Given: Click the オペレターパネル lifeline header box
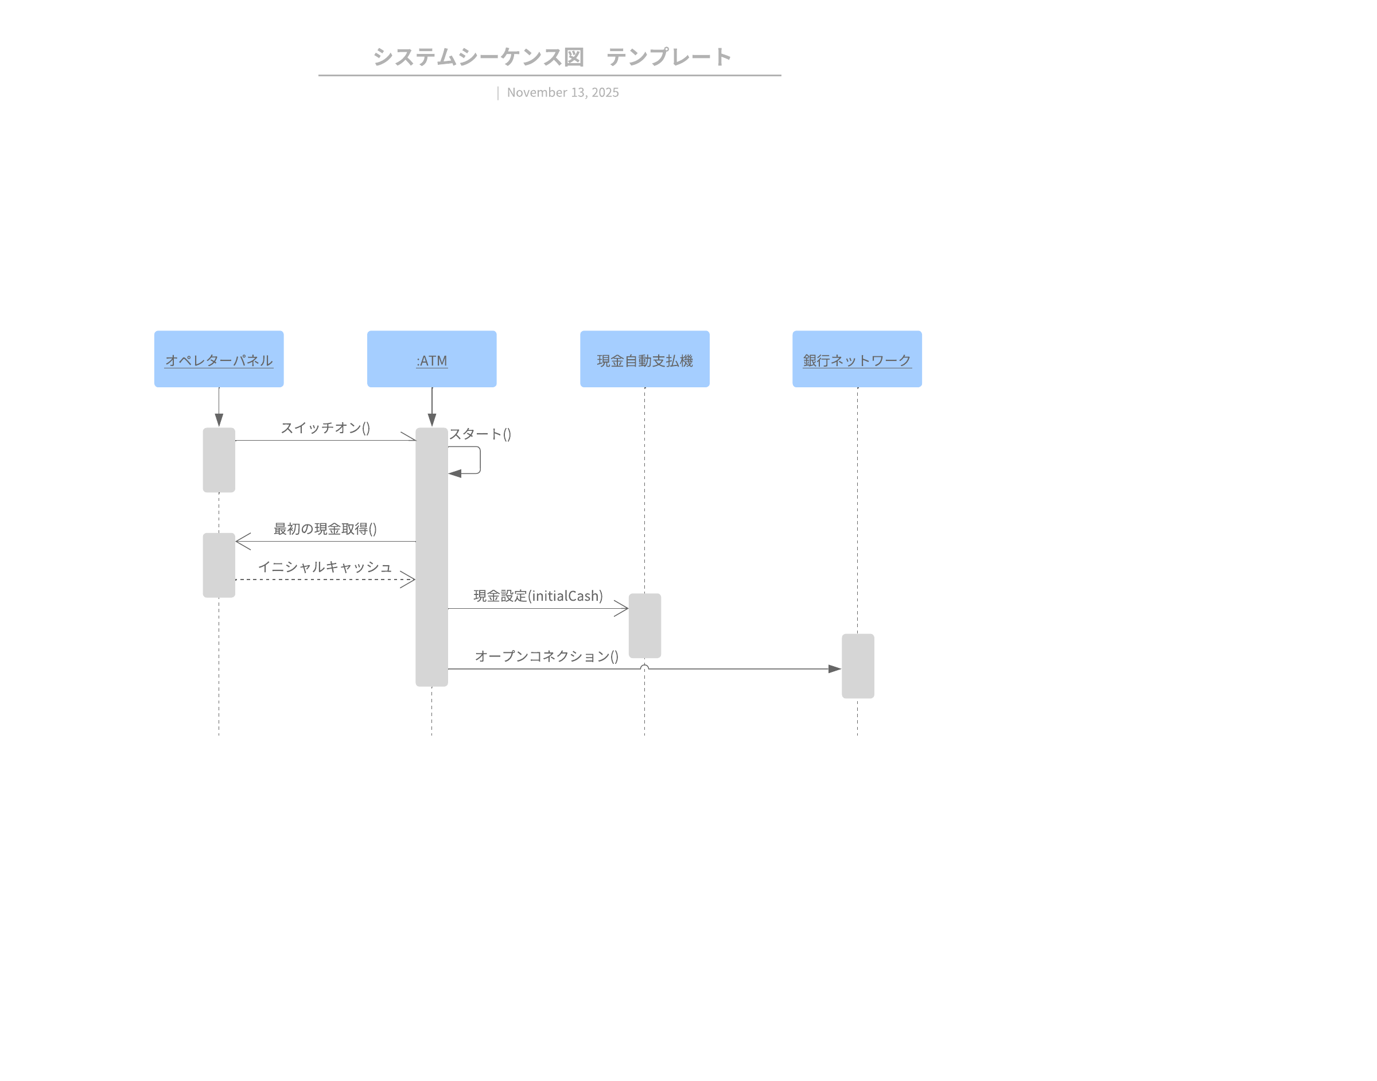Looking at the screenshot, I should point(219,359).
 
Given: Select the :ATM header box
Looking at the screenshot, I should point(431,359).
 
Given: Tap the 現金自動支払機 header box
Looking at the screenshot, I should point(644,359).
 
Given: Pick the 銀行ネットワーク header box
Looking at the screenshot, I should point(857,359).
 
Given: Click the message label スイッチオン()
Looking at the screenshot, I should point(325,428).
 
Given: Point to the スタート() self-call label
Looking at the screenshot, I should point(480,434).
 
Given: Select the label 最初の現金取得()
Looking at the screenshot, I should point(325,528).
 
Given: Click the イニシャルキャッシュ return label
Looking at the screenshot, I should point(325,566).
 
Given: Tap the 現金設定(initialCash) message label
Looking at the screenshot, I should point(538,596).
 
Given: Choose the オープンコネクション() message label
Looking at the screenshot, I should point(546,656).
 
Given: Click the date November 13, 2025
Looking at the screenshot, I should point(563,92).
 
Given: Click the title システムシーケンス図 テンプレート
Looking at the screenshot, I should point(552,57).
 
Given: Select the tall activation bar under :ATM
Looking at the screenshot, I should point(431,557).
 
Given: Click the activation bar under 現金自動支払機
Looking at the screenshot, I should point(644,625).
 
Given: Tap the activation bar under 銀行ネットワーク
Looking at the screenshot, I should point(857,666).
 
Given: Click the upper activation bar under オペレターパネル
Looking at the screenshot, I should point(219,460).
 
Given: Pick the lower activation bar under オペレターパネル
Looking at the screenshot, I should point(219,565).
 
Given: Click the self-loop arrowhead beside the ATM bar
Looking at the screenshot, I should point(455,473).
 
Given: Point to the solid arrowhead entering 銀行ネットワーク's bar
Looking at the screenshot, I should point(835,668).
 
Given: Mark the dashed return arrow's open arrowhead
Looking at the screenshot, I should point(409,579).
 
